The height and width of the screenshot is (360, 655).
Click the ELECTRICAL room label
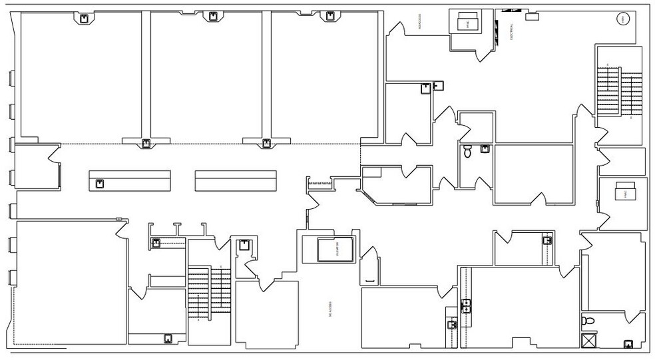[x=512, y=31]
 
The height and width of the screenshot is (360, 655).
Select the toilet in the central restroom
[x=467, y=152]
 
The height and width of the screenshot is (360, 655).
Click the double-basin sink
[x=468, y=306]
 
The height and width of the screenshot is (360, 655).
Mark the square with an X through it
[x=589, y=340]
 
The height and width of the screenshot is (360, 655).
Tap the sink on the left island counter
[x=100, y=184]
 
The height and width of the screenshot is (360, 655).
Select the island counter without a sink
[x=236, y=180]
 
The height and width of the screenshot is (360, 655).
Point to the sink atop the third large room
[x=327, y=17]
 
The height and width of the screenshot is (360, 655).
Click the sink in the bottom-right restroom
[x=627, y=344]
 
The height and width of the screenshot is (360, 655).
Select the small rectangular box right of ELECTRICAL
[x=533, y=17]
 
